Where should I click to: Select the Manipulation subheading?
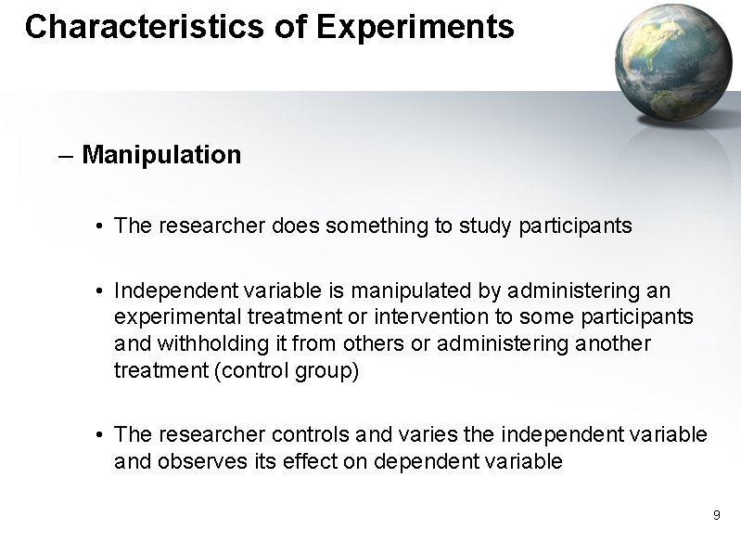(x=161, y=154)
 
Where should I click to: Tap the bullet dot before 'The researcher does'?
(x=98, y=226)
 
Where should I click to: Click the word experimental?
(x=172, y=317)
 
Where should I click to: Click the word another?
(x=614, y=343)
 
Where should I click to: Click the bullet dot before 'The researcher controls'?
(x=98, y=435)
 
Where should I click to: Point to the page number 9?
(x=717, y=514)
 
